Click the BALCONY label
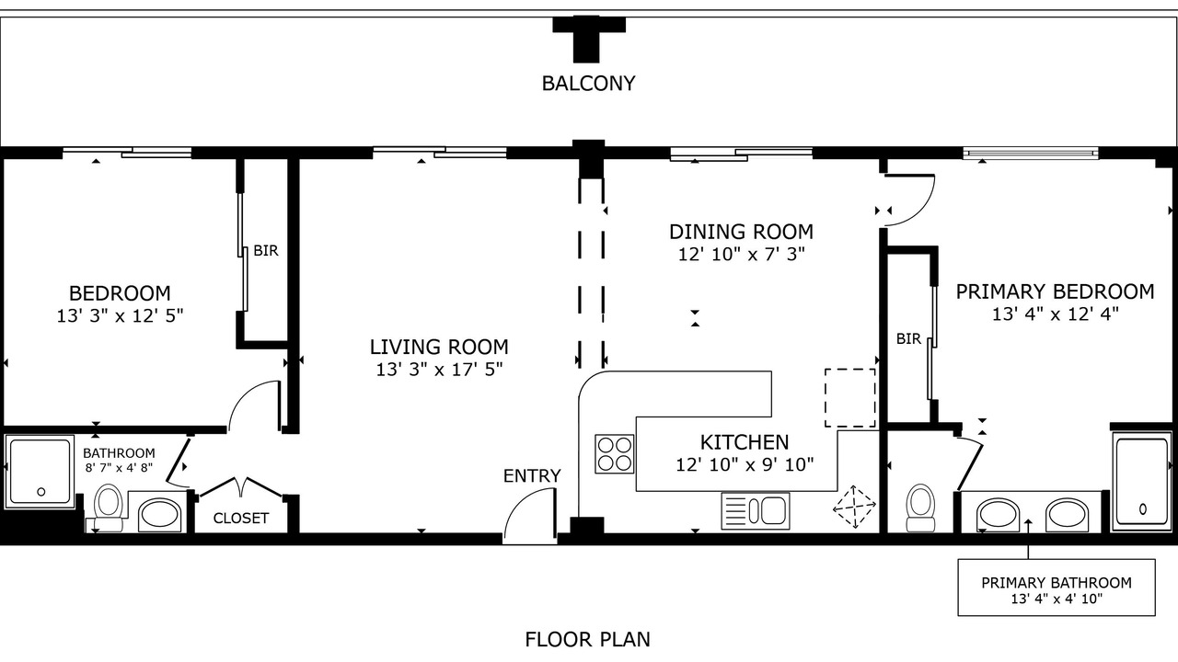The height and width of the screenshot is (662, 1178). tap(588, 84)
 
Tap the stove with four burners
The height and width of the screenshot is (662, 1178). tap(614, 454)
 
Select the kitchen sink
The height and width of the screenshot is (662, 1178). tap(756, 510)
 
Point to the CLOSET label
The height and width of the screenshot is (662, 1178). tap(241, 519)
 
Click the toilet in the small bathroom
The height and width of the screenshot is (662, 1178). tap(109, 507)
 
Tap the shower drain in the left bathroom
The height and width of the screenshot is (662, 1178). tap(41, 492)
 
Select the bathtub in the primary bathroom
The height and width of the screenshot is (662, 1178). tap(1142, 482)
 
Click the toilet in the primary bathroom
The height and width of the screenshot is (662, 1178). tap(920, 508)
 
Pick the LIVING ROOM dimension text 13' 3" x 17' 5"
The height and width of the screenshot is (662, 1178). tap(439, 370)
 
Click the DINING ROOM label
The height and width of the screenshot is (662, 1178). tap(741, 232)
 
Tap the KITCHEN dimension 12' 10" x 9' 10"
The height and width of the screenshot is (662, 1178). tap(745, 465)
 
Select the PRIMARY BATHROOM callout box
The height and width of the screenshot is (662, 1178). tap(1057, 588)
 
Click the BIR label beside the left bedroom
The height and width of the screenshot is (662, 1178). tap(266, 251)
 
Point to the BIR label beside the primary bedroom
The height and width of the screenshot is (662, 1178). tap(908, 339)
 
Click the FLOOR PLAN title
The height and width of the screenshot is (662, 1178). tap(587, 639)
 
